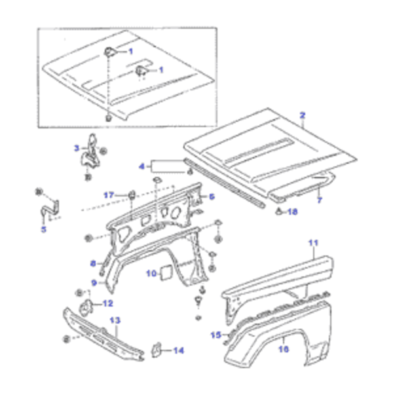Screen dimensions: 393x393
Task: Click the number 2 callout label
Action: tap(303, 115)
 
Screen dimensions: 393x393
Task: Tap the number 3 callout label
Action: tap(77, 148)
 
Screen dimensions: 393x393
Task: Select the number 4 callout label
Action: tap(142, 166)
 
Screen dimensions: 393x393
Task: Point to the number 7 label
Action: tap(320, 200)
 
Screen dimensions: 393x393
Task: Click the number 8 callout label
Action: tap(93, 263)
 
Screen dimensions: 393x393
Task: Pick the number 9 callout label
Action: tap(94, 283)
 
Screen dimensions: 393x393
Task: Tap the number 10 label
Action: tap(151, 273)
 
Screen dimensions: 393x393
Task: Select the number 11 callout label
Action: tap(313, 242)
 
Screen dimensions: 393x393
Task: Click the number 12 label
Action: tap(108, 303)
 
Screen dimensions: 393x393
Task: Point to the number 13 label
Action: tap(115, 320)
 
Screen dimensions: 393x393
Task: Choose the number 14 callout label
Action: tap(179, 350)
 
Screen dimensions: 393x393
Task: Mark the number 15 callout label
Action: tap(216, 335)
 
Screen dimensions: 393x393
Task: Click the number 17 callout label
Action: tap(109, 195)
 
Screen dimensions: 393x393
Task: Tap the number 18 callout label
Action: tap(293, 212)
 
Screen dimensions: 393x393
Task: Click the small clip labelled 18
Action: tap(278, 212)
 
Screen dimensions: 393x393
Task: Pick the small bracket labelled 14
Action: tap(156, 350)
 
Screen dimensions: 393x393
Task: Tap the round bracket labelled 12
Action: tap(85, 307)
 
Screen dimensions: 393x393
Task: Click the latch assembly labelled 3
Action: tap(90, 153)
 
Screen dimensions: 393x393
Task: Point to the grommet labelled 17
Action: tap(132, 195)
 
